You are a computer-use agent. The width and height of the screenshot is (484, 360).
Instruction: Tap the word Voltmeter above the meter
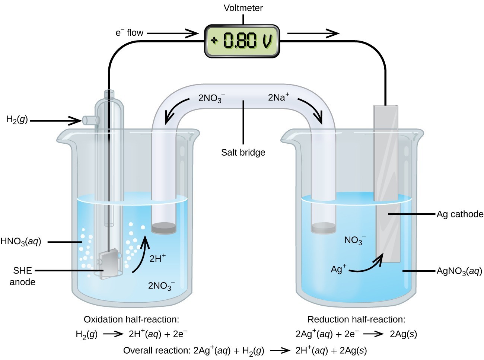click(243, 8)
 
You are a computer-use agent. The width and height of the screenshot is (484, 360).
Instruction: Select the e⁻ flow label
click(129, 33)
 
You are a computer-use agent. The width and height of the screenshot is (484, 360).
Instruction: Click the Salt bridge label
click(243, 152)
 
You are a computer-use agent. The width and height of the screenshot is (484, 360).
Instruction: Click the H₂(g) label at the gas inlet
click(17, 120)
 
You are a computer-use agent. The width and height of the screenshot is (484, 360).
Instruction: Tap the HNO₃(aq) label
click(21, 242)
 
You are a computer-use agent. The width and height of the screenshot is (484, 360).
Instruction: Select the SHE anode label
click(22, 276)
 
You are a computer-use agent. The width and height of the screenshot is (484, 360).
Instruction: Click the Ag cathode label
click(460, 214)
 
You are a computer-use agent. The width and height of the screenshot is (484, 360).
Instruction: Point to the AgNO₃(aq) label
click(459, 271)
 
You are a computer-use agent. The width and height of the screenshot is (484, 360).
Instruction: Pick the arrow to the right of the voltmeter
click(313, 34)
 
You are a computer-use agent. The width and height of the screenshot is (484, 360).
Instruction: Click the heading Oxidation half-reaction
click(131, 319)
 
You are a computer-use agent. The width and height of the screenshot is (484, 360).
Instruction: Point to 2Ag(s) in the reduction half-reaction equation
click(403, 334)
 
